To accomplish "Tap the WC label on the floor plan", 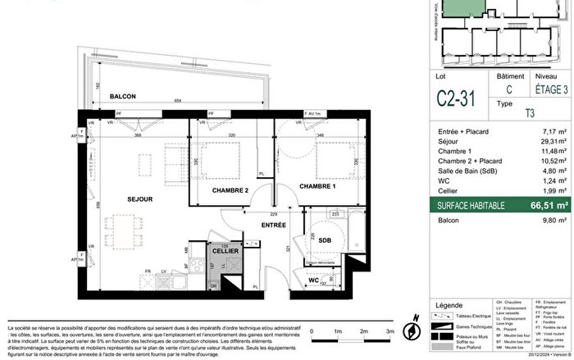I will pyautogui.click(x=314, y=281).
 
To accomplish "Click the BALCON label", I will pyautogui.click(x=122, y=96).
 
